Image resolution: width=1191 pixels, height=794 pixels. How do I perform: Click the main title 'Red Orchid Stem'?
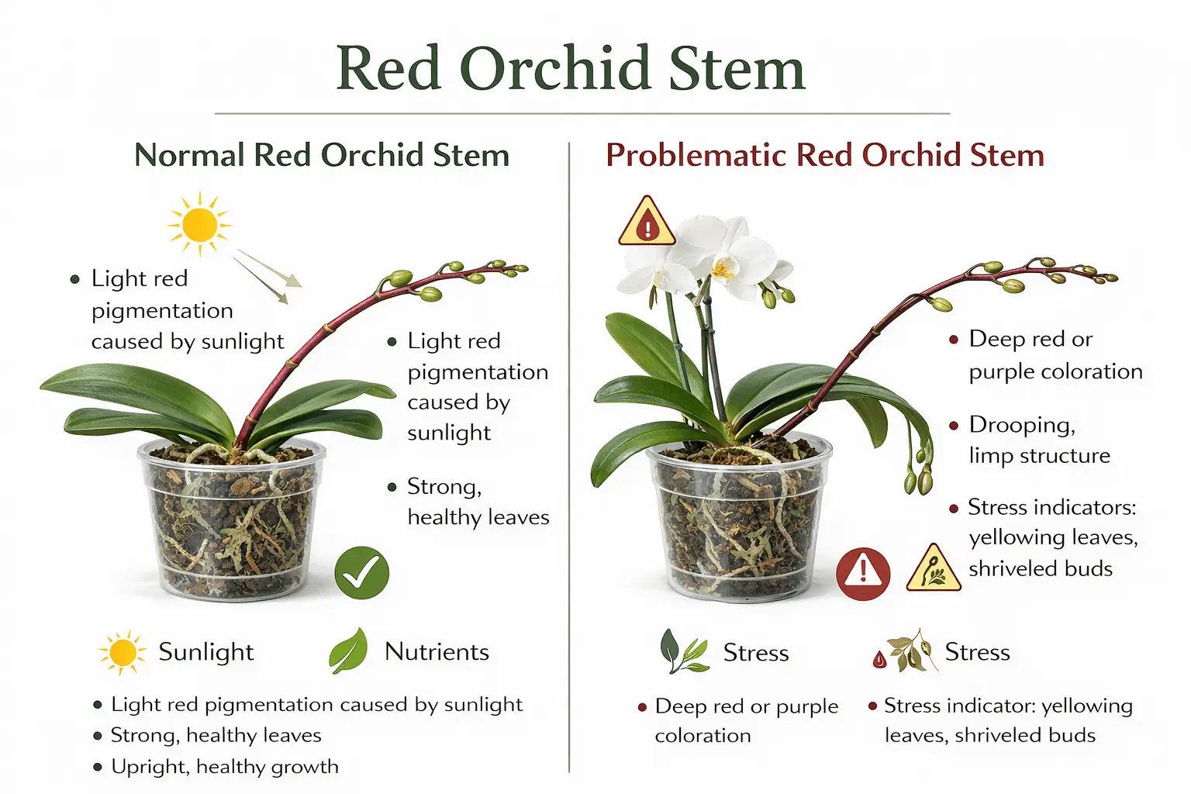[571, 68]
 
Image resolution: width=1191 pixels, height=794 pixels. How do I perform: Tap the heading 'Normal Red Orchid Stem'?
[322, 155]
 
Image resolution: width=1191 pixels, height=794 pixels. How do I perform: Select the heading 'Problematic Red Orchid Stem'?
[824, 155]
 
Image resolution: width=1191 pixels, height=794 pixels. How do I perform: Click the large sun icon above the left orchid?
[200, 224]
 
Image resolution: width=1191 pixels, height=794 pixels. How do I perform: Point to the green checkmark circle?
[361, 573]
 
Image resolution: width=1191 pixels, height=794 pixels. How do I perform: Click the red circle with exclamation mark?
[862, 574]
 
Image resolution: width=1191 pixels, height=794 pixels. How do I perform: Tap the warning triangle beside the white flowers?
[647, 223]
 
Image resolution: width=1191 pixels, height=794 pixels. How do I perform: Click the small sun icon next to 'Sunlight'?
[123, 653]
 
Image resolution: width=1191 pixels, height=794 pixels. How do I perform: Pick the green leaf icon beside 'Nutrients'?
[348, 651]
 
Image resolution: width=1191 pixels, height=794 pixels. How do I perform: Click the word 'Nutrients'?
[437, 652]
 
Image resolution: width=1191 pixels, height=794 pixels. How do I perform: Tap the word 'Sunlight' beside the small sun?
[206, 652]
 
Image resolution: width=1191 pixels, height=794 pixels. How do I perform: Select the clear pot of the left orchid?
[232, 520]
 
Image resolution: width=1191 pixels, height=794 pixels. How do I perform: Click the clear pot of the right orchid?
[739, 523]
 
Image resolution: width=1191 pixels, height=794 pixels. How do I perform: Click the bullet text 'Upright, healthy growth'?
[225, 767]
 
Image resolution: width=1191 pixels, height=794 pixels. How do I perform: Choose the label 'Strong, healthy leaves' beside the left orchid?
[478, 502]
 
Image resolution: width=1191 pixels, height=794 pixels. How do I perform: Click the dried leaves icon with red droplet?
[903, 651]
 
